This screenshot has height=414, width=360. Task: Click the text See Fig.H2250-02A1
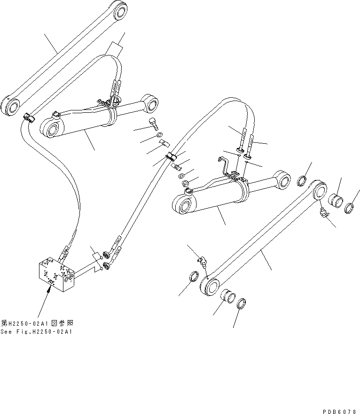(x=38, y=332)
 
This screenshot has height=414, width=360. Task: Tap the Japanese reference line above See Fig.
(x=38, y=323)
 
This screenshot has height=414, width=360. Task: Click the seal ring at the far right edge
(x=350, y=207)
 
